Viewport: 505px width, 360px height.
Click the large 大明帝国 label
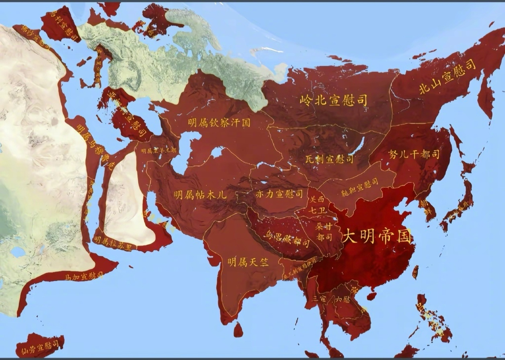[x=377, y=237]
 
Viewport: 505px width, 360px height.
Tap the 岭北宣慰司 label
[x=334, y=100]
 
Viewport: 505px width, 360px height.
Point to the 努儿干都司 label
[x=414, y=154]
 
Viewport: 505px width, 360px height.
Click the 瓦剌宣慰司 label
[x=328, y=159]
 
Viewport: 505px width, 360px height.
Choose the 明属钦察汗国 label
[x=219, y=123]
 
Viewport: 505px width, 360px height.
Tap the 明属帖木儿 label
[x=200, y=195]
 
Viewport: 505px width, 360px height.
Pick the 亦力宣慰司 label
[x=279, y=194]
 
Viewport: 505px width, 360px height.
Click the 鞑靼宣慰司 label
[x=359, y=186]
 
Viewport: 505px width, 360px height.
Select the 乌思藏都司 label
[x=287, y=239]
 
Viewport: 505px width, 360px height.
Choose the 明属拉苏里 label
[x=112, y=243]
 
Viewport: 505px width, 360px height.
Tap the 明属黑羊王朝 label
[x=158, y=151]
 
